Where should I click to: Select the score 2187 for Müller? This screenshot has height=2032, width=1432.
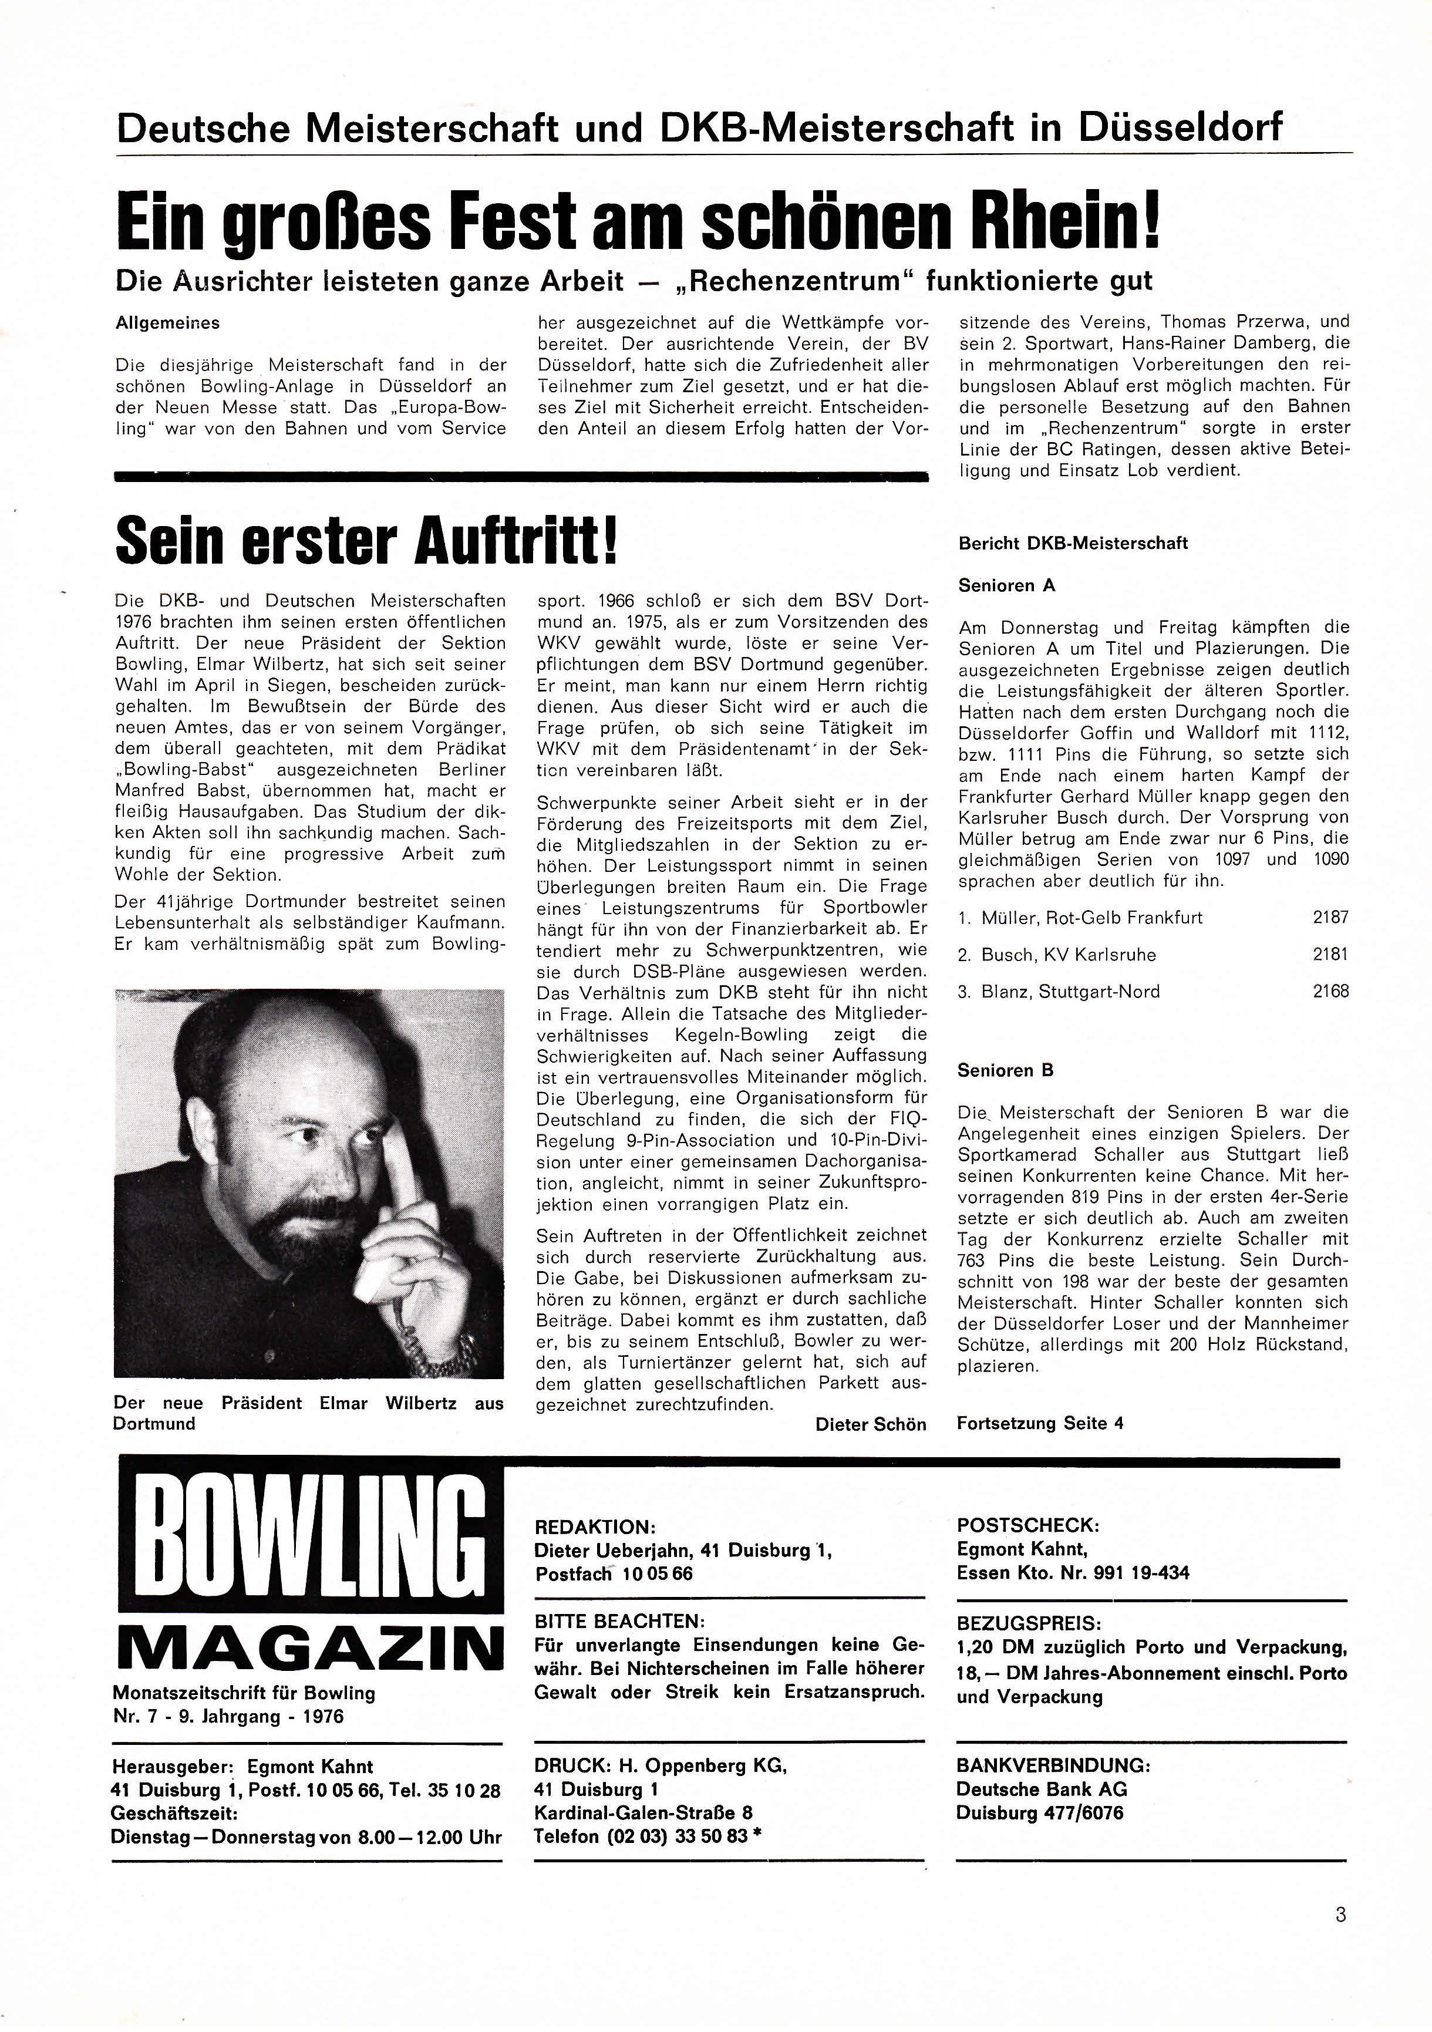click(x=1330, y=918)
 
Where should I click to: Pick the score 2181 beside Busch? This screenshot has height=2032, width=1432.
click(x=1330, y=955)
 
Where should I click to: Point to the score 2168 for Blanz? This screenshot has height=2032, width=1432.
click(x=1330, y=991)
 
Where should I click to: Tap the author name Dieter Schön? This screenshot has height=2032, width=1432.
click(x=870, y=1424)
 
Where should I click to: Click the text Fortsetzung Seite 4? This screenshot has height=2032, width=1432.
click(x=1040, y=1423)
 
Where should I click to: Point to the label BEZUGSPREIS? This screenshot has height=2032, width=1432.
click(x=1029, y=1624)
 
